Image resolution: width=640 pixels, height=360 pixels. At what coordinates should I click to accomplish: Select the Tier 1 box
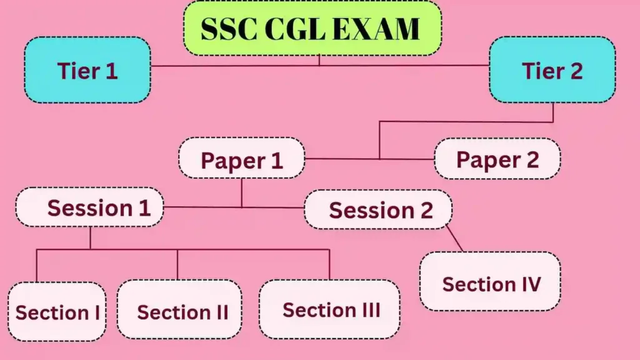(87, 70)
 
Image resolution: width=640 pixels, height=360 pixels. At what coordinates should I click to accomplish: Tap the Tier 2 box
(552, 70)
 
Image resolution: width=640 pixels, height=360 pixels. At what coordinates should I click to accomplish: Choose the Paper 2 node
(497, 159)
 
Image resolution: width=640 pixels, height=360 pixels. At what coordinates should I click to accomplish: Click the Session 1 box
(89, 207)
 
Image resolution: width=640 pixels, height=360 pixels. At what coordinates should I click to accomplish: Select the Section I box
(57, 312)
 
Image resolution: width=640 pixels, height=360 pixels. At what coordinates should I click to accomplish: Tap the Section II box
(179, 311)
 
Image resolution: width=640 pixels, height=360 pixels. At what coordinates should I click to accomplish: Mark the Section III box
(329, 309)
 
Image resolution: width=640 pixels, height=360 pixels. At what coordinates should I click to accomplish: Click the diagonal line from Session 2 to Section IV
(455, 239)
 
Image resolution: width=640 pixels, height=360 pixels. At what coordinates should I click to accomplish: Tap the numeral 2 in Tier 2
(574, 71)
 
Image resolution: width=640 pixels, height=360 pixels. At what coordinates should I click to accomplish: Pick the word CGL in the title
(298, 29)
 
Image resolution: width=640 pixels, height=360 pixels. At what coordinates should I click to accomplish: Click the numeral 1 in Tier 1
(111, 71)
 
